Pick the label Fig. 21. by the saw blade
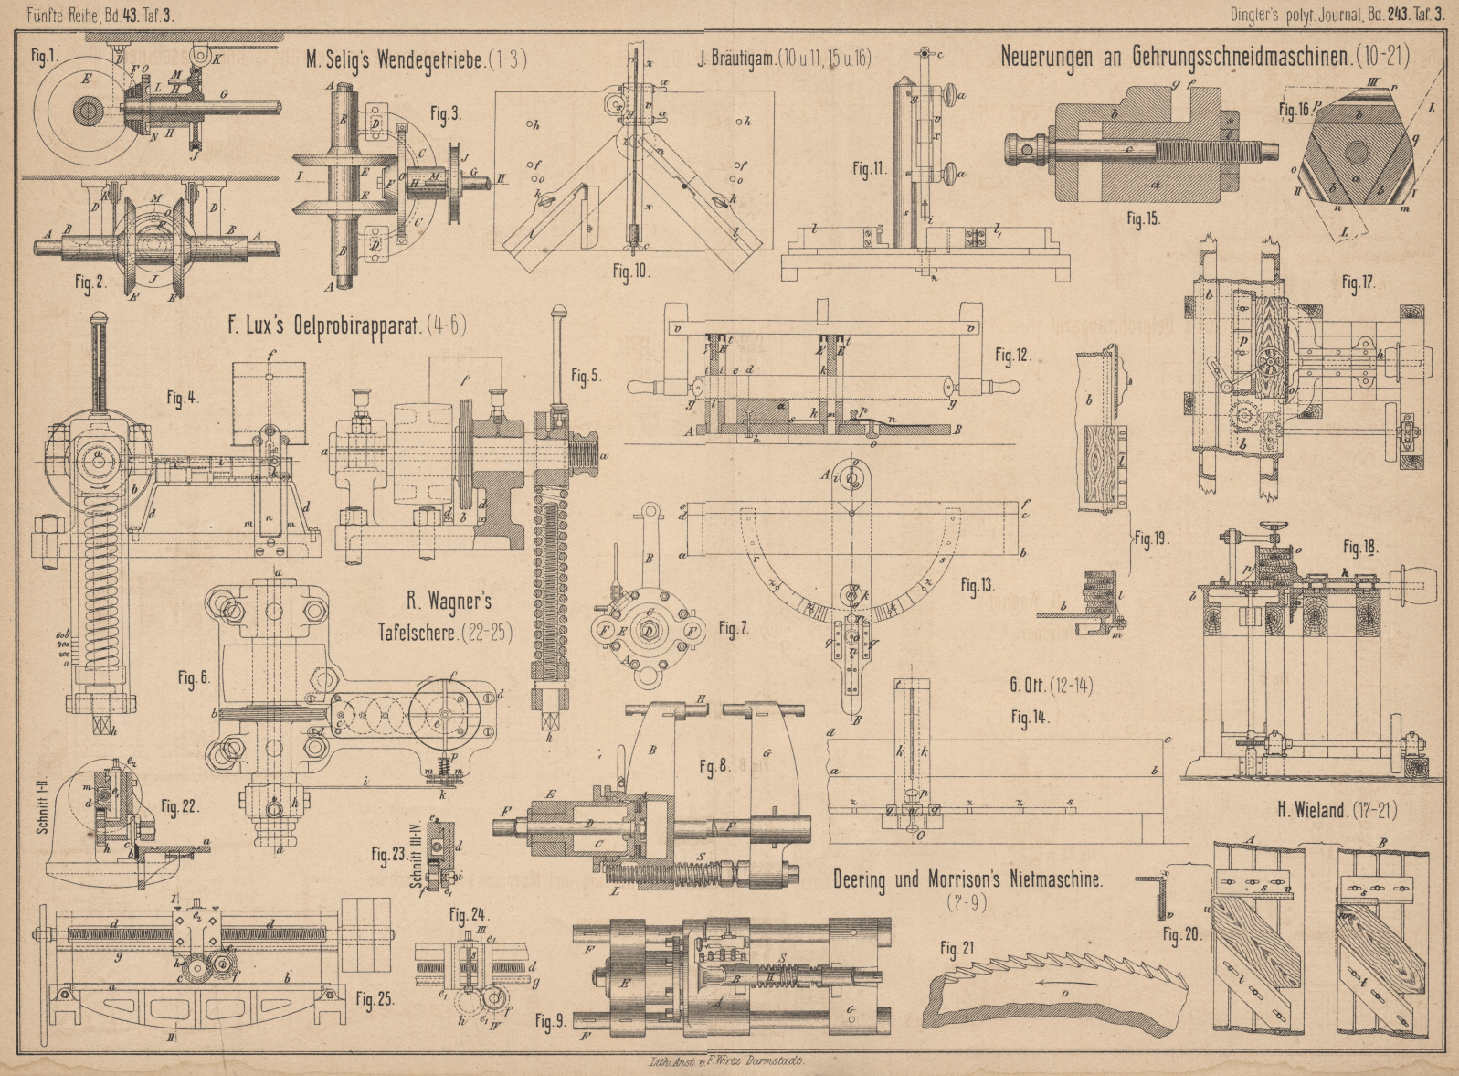(x=960, y=949)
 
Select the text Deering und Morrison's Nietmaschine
(x=967, y=879)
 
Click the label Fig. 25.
(x=375, y=998)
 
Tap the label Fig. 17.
(x=1359, y=283)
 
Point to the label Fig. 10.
(x=629, y=272)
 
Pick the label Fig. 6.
(x=194, y=677)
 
